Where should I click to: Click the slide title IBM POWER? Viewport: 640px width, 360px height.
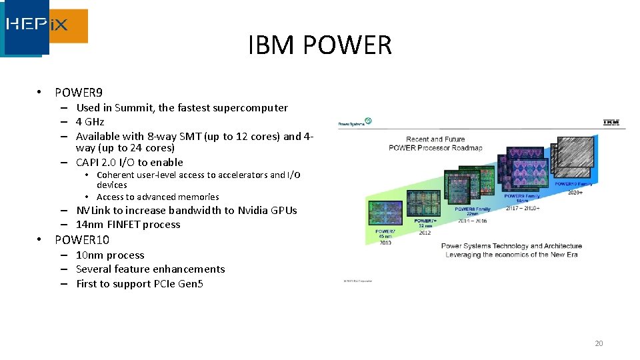319,45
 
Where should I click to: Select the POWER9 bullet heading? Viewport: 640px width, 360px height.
78,93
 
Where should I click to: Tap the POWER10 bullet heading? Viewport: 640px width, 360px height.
81,240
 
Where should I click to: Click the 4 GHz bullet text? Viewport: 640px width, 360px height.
90,121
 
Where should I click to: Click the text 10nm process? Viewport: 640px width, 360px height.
110,255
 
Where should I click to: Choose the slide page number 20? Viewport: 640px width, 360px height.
598,343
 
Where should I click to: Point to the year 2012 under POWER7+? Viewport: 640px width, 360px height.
425,233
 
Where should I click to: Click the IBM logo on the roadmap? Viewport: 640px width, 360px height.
611,122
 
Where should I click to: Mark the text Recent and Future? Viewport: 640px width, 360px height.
435,139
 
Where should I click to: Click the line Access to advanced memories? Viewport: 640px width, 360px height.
157,197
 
